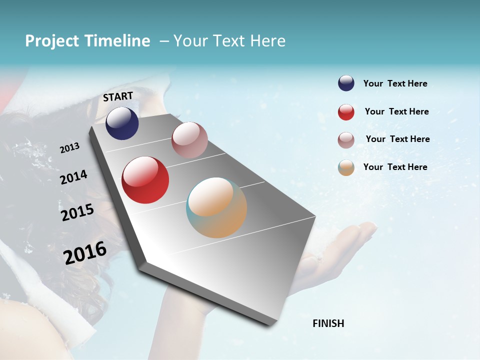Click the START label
(118, 96)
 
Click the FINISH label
(328, 323)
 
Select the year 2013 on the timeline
(69, 148)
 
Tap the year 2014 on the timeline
(73, 177)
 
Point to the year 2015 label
(77, 213)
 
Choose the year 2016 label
(85, 252)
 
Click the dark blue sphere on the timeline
(122, 123)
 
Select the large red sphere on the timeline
(145, 180)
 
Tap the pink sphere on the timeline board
(189, 140)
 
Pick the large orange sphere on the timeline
(216, 207)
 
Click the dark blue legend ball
(346, 83)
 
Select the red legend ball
(346, 112)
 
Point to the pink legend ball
(346, 140)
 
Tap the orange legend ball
(346, 168)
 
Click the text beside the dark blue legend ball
(395, 84)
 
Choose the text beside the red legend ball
(396, 111)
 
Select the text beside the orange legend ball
(395, 167)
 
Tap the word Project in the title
(52, 41)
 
